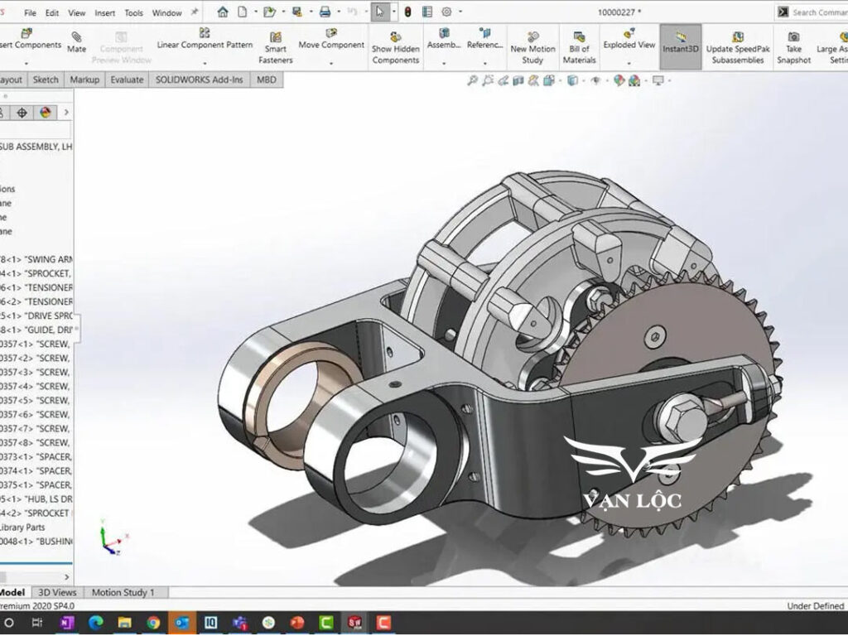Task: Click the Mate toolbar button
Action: point(76,42)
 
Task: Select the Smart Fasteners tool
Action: point(275,47)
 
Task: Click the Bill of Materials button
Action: point(579,47)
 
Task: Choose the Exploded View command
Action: point(629,41)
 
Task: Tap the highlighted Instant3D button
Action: point(681,43)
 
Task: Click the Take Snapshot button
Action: point(793,47)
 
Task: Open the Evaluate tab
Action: point(127,79)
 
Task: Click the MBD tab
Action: point(267,79)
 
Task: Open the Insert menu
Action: point(105,13)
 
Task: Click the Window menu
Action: point(166,13)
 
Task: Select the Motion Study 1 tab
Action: point(123,592)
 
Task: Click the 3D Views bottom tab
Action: point(58,592)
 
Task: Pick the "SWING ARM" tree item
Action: point(37,259)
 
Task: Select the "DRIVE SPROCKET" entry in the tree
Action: point(37,316)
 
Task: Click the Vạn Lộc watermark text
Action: point(632,500)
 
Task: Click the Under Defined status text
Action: point(815,606)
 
